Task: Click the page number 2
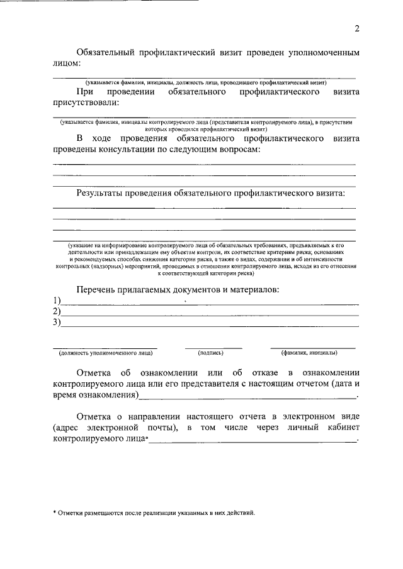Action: click(x=356, y=28)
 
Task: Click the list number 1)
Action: click(x=57, y=300)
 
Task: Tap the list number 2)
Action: click(x=57, y=311)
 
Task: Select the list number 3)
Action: click(x=57, y=323)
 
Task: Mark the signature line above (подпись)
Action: click(x=213, y=348)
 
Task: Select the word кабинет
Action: click(x=341, y=428)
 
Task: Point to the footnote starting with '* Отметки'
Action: click(x=154, y=512)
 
